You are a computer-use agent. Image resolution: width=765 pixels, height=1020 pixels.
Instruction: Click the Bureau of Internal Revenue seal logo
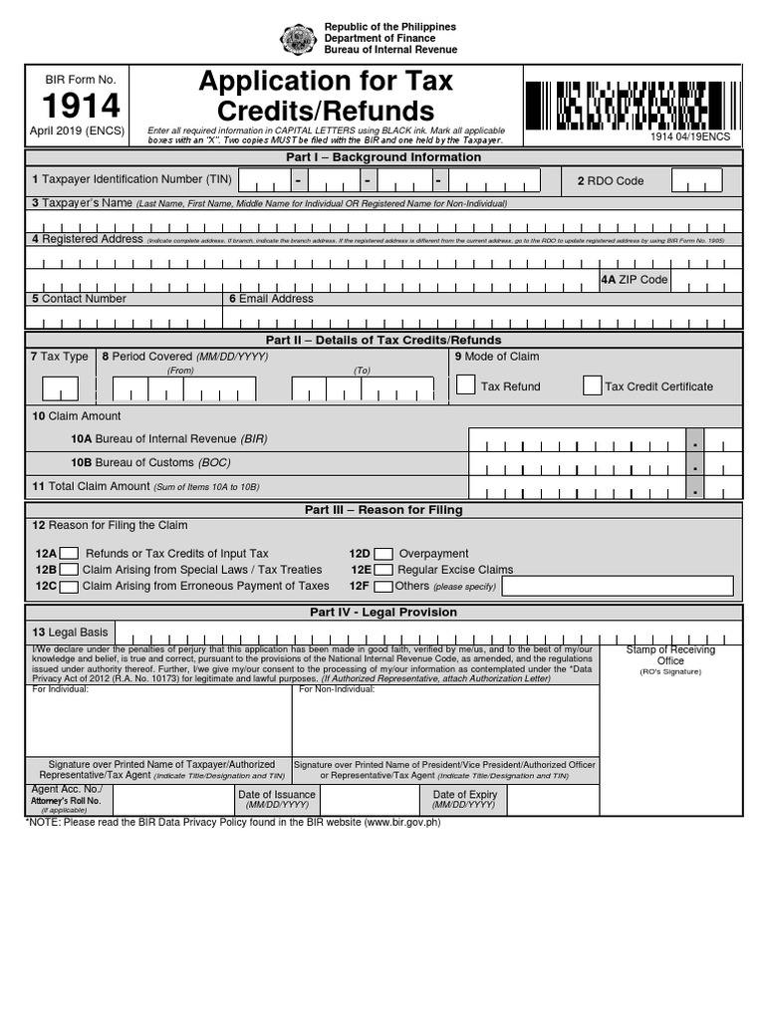298,39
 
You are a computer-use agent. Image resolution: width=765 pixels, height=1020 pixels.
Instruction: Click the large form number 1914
81,106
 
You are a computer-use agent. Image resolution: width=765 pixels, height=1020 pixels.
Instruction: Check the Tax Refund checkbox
465,385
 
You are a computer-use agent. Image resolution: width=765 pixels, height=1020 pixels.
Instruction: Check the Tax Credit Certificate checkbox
592,385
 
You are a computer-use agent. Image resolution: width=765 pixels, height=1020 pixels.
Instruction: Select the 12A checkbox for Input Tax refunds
69,554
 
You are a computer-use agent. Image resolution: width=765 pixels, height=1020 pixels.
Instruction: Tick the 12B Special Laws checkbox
69,570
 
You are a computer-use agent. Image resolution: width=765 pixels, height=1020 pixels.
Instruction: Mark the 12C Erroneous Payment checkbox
69,586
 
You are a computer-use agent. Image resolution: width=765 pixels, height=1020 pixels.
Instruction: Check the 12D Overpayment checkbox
383,554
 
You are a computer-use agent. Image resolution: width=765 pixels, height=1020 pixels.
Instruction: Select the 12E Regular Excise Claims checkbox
383,570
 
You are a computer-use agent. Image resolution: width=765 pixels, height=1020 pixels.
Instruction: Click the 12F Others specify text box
618,586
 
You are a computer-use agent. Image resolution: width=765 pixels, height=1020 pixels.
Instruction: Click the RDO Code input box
696,180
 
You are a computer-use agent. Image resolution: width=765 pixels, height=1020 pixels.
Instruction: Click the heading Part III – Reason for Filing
383,510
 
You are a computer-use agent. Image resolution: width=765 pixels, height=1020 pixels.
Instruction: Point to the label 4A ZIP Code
634,280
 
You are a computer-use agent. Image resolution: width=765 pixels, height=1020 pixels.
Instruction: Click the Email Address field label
271,299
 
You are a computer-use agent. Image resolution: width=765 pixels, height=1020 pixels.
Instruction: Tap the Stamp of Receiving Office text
670,654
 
